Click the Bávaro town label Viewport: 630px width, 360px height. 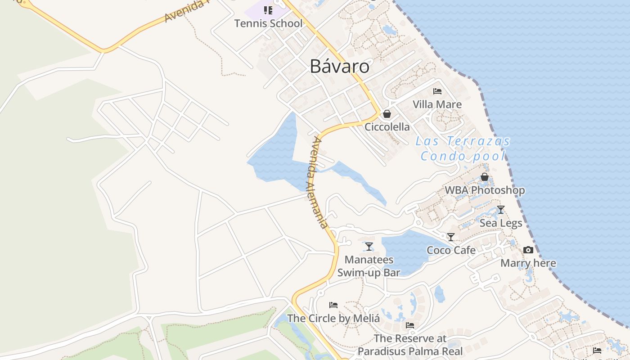(340, 67)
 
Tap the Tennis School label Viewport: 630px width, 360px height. (268, 23)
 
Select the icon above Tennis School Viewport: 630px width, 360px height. (268, 10)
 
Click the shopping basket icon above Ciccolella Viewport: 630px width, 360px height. (387, 114)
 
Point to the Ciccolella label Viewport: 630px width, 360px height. (387, 127)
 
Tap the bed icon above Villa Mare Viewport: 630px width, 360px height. (437, 91)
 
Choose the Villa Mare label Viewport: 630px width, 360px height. (437, 104)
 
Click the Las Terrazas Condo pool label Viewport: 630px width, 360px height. (463, 148)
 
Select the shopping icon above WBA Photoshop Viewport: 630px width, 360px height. (485, 177)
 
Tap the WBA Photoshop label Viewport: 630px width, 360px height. (485, 190)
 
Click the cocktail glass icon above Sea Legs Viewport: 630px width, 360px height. (500, 210)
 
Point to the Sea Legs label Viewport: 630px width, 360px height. (500, 223)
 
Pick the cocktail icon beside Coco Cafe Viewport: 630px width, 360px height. (451, 237)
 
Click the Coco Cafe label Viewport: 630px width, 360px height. (451, 250)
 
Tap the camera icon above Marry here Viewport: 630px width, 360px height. (528, 250)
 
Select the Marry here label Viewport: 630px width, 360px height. (528, 263)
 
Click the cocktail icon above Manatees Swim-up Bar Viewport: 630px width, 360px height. (369, 246)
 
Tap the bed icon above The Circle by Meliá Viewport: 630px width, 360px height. (333, 305)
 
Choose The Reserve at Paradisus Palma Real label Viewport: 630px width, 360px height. (410, 345)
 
